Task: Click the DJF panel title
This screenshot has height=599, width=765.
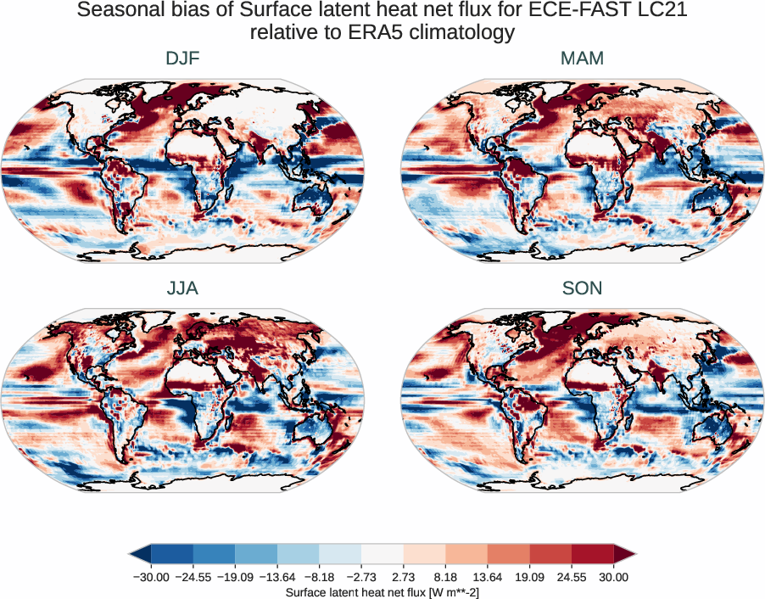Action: pos(182,59)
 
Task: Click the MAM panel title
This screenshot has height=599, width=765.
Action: pos(582,59)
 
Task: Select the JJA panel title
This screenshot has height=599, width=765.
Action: pos(182,288)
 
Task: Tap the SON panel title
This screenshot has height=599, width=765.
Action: pos(582,288)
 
